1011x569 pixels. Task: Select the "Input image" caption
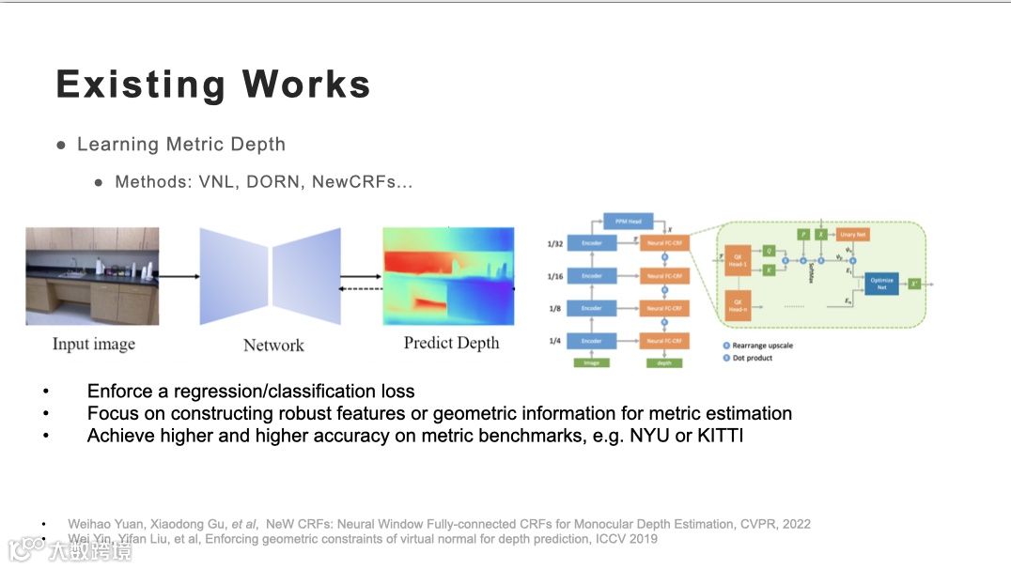[x=94, y=345]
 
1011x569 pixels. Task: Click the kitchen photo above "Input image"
[x=92, y=276]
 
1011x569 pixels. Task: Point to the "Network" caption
[x=273, y=346]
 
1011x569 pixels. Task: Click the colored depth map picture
[x=448, y=276]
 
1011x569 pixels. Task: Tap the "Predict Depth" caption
[x=451, y=343]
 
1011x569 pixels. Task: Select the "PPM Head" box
[x=628, y=222]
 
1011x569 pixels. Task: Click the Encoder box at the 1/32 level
[x=591, y=242]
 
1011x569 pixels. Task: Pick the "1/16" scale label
[x=555, y=276]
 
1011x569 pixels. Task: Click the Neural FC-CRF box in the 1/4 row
[x=664, y=340]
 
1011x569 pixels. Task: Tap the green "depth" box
[x=664, y=361]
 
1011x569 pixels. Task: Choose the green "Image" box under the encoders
[x=591, y=361]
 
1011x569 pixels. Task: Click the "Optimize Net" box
[x=881, y=284]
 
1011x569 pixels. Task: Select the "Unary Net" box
[x=854, y=234]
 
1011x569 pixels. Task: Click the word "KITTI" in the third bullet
[x=720, y=436]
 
